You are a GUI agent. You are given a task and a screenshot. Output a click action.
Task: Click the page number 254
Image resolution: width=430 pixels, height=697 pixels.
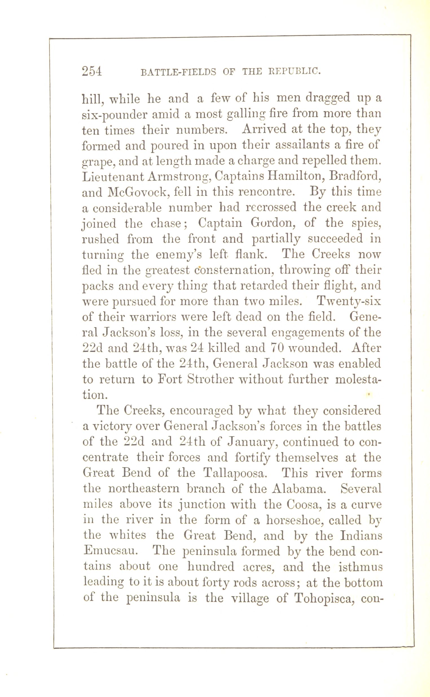92,71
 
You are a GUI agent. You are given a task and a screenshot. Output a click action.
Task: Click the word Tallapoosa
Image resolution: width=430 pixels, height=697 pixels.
235,473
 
